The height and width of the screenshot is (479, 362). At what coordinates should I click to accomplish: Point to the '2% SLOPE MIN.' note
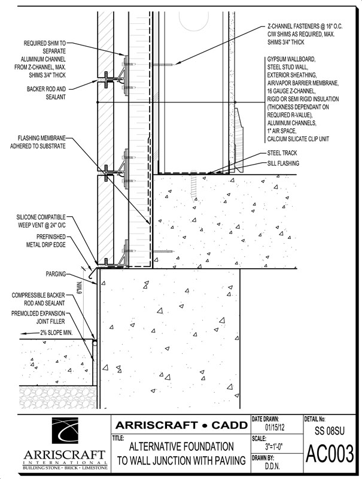click(x=58, y=331)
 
